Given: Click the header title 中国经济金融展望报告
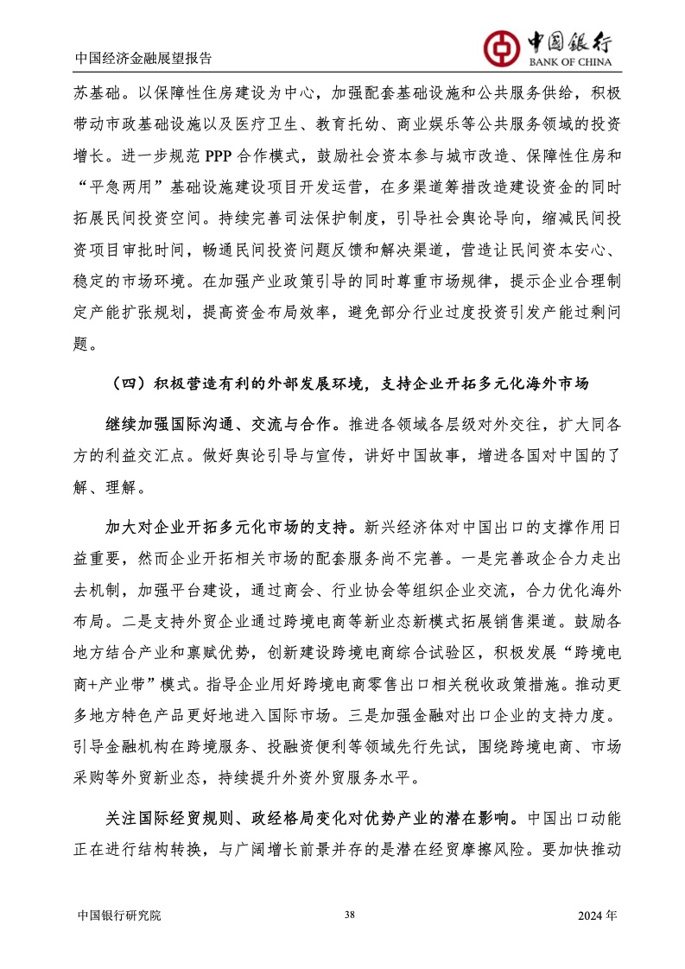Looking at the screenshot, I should tap(143, 59).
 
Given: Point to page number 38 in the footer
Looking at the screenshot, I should tap(349, 915).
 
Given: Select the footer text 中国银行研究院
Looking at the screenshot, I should tap(118, 915).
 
